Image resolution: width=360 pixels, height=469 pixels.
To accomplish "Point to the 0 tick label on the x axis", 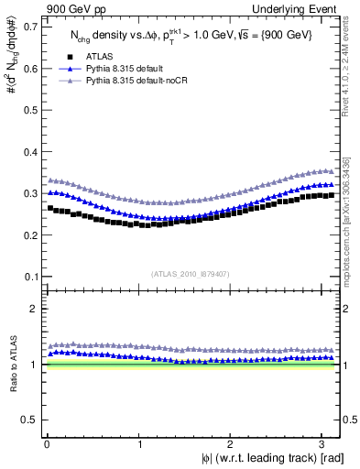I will [47, 444].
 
